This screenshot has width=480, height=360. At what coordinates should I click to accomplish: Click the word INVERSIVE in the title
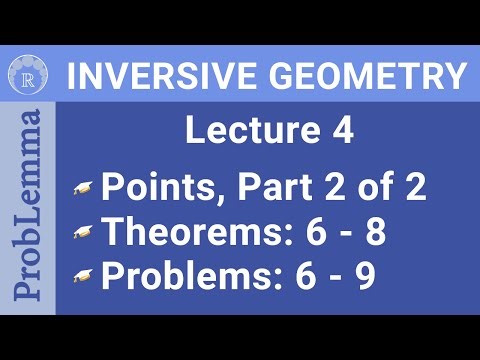click(x=147, y=76)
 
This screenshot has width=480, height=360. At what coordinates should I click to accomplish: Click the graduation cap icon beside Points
click(x=87, y=190)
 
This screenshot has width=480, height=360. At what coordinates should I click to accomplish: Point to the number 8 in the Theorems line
click(x=374, y=232)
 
